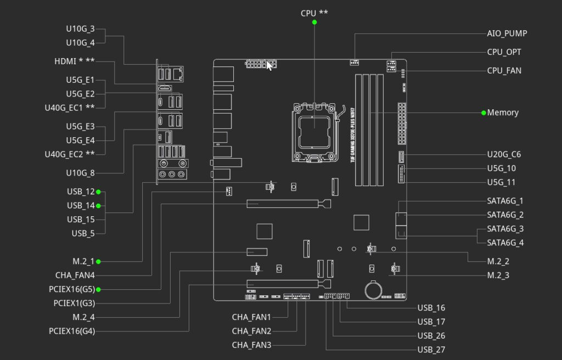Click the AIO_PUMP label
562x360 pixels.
[507, 33]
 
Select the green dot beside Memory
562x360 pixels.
[484, 113]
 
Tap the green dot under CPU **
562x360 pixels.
[314, 22]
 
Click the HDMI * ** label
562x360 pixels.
[75, 61]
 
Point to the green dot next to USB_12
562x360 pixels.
[98, 192]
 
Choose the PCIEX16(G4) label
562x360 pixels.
[72, 331]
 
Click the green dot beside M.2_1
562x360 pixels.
[98, 262]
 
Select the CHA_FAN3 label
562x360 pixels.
[251, 345]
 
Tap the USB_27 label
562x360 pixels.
[431, 350]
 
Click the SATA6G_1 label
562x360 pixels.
[505, 201]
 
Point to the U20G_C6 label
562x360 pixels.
[504, 155]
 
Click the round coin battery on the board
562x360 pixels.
[373, 290]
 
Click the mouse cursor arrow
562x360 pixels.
[269, 66]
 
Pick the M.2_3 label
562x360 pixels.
[498, 275]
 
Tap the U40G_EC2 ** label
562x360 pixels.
[70, 155]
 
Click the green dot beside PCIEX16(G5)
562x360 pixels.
[98, 289]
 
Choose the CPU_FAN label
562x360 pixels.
[504, 71]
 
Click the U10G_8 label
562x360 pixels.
[80, 173]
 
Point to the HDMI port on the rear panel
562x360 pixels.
[165, 88]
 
